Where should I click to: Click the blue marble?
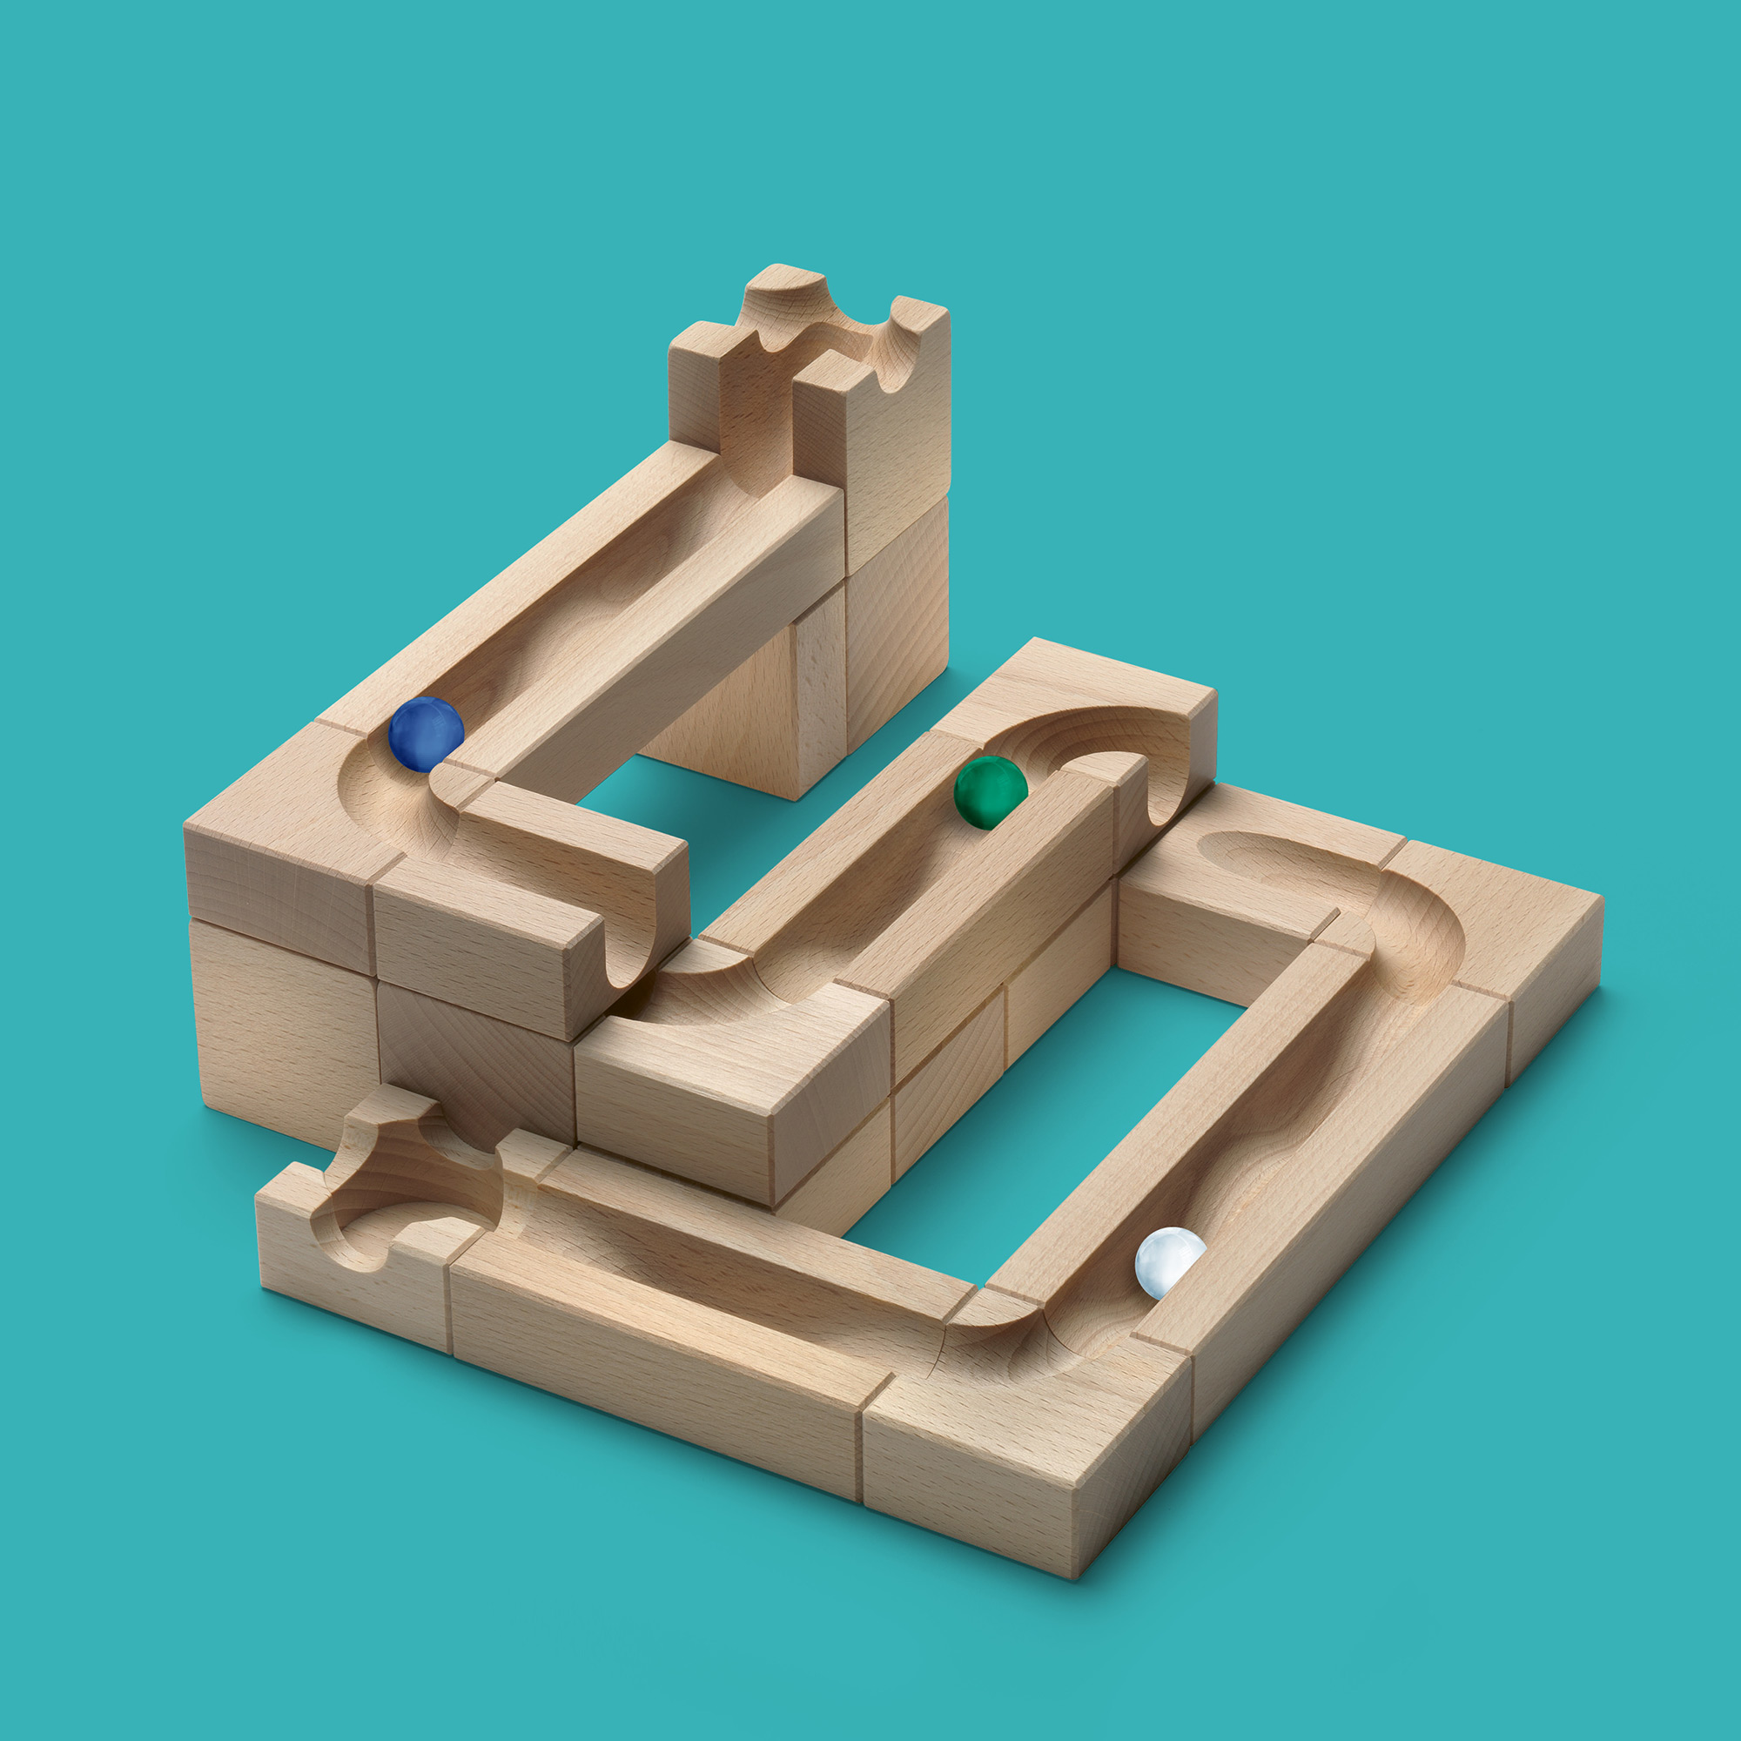(426, 734)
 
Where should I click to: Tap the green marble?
(990, 791)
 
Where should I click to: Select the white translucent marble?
(1169, 1261)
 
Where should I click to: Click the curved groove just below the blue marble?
(396, 802)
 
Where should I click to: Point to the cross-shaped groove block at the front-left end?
(396, 1189)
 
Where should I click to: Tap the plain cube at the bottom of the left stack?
(279, 1027)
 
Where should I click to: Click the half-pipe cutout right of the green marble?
(1162, 793)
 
